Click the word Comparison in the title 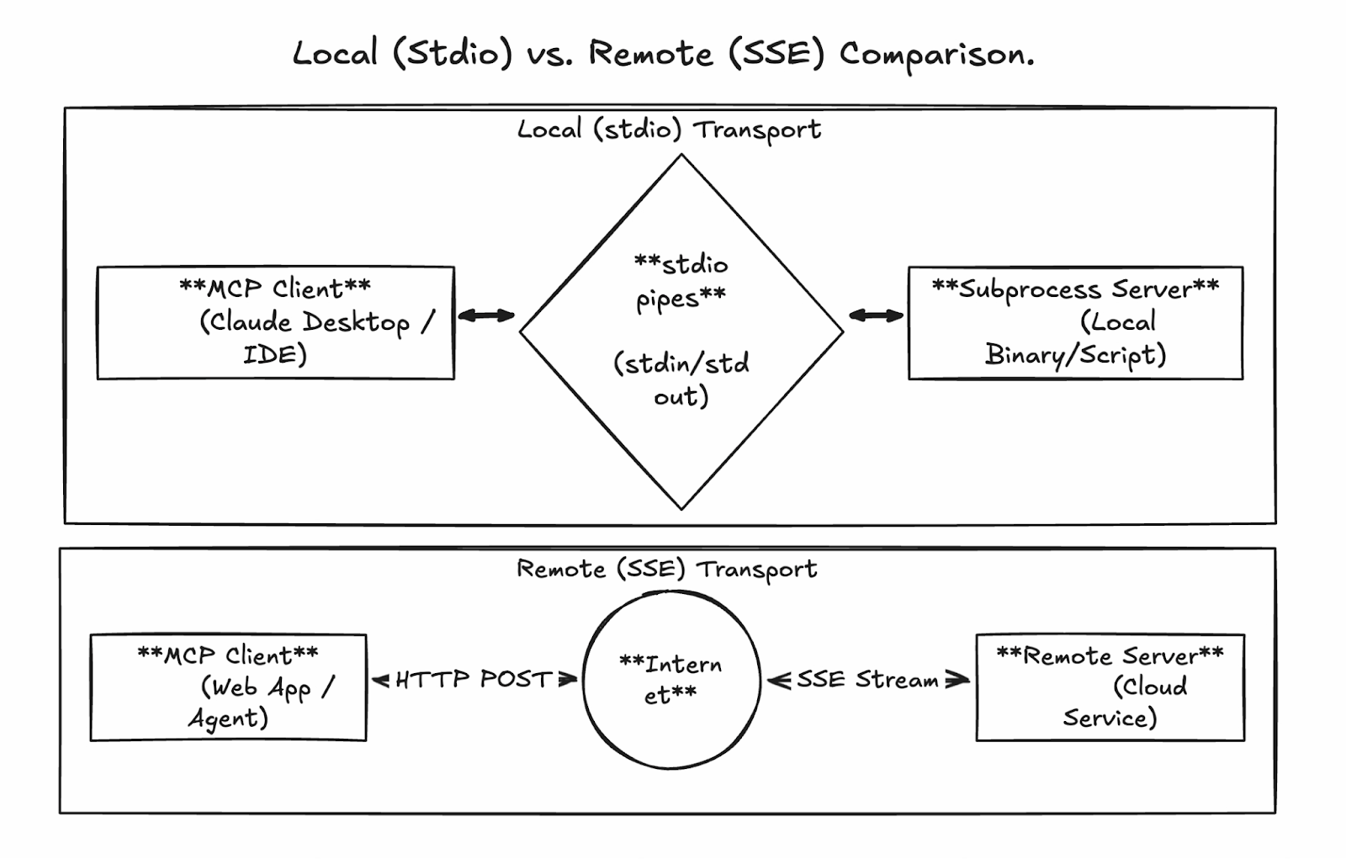935,55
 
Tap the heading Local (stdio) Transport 669,130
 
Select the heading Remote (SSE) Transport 666,570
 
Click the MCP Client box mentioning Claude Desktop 275,323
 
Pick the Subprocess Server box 1075,323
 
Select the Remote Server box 1110,687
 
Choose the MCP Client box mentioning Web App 228,687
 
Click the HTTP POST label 474,679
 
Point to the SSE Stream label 867,679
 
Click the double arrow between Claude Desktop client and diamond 486,315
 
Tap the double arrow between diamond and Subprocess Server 876,315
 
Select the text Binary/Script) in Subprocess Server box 1075,355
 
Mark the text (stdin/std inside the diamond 681,364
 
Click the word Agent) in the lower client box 228,718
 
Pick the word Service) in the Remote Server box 1110,718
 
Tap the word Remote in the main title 650,55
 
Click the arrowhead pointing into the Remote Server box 959,680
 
